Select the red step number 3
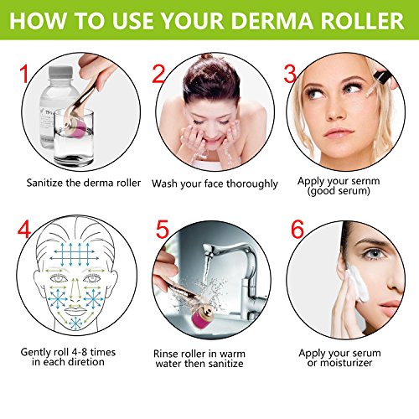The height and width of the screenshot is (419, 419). (290, 75)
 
